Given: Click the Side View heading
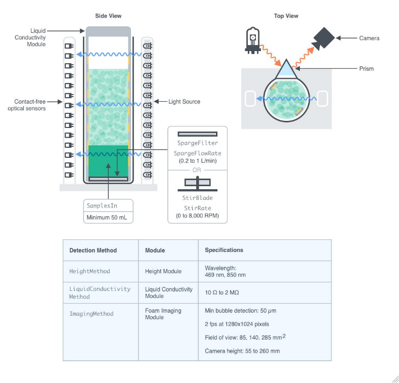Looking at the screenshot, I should pyautogui.click(x=108, y=16).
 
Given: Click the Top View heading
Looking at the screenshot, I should pyautogui.click(x=286, y=16).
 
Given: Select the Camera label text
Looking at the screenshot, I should pyautogui.click(x=369, y=38).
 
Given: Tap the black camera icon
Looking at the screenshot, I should pyautogui.click(x=322, y=38).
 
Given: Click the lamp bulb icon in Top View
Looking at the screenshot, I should pyautogui.click(x=252, y=40).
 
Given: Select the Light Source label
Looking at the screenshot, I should pyautogui.click(x=184, y=102).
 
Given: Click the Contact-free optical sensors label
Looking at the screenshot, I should pyautogui.click(x=26, y=105).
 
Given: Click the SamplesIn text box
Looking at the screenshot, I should pyautogui.click(x=108, y=206).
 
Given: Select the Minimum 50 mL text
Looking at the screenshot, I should pyautogui.click(x=108, y=218).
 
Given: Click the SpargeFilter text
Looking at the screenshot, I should pyautogui.click(x=197, y=143).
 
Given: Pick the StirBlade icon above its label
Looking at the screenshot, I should pyautogui.click(x=197, y=183).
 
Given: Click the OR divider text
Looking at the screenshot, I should pyautogui.click(x=197, y=170).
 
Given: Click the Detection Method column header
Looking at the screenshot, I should pyautogui.click(x=93, y=250).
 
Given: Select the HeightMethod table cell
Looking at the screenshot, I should pyautogui.click(x=90, y=271).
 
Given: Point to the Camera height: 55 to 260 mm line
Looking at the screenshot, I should pyautogui.click(x=242, y=351).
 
